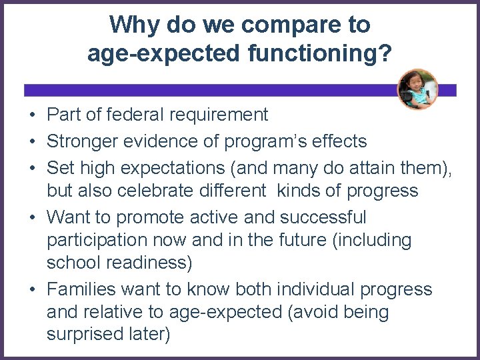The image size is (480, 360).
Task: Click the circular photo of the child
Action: click(417, 89)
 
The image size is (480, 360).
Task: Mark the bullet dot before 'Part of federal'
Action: click(32, 115)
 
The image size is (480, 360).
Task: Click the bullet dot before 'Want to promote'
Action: click(32, 218)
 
